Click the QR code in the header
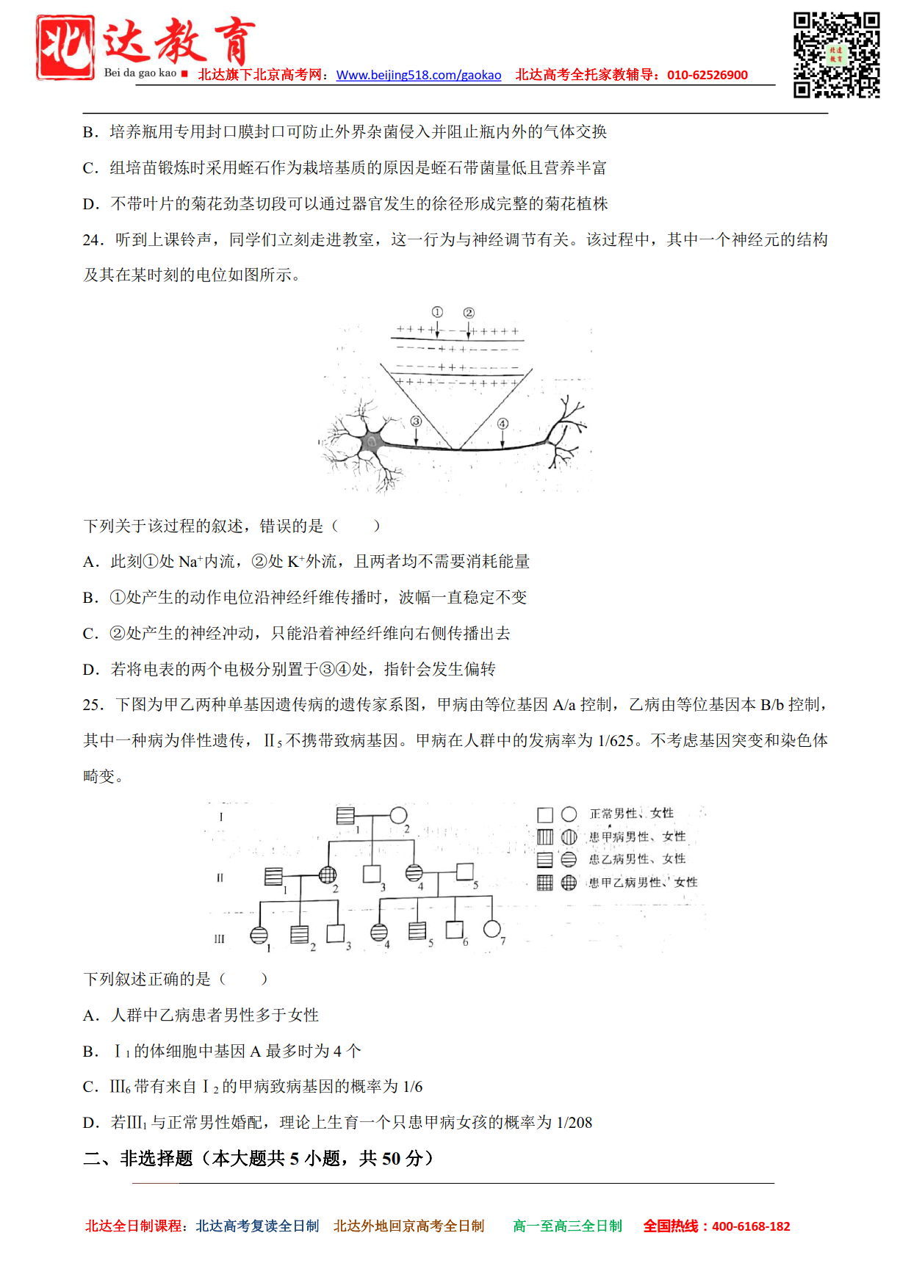coord(836,55)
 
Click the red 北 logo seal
coord(65,47)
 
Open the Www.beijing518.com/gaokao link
coord(419,75)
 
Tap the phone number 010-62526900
coord(707,75)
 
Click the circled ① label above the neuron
coord(437,312)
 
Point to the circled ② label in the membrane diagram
coord(469,312)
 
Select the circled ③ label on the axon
coord(416,422)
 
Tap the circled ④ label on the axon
coord(503,423)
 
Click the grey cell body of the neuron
coord(372,441)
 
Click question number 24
coord(93,240)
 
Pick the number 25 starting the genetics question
coord(93,705)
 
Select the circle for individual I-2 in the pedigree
coord(398,815)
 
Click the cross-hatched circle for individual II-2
coord(328,875)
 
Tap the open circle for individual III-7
coord(491,930)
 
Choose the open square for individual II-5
coord(464,872)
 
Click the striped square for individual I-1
coord(345,815)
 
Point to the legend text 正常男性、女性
coord(631,814)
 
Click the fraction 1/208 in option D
coord(574,1122)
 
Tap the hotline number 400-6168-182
coord(751,1226)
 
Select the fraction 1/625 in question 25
coord(616,741)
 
